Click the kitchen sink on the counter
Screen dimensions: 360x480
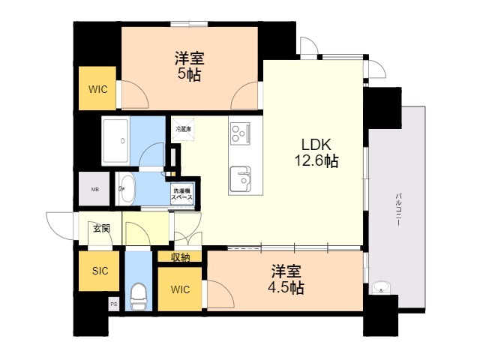tap(241, 178)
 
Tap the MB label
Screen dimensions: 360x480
tap(95, 189)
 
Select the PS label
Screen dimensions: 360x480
tap(114, 304)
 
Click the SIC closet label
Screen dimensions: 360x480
tap(99, 271)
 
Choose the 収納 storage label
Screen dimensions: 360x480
tap(180, 257)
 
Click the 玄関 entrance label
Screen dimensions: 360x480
tap(101, 228)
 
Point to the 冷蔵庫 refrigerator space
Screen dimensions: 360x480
tap(184, 129)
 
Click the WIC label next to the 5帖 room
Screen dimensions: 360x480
tap(98, 89)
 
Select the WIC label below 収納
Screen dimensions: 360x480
tap(180, 289)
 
